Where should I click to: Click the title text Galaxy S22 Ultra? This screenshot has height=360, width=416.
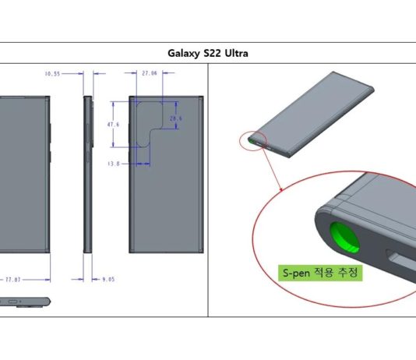point(208,53)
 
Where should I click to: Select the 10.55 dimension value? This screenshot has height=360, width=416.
point(52,73)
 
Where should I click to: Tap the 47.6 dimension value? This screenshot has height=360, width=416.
point(113,124)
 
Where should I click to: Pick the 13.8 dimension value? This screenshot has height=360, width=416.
point(113,163)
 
